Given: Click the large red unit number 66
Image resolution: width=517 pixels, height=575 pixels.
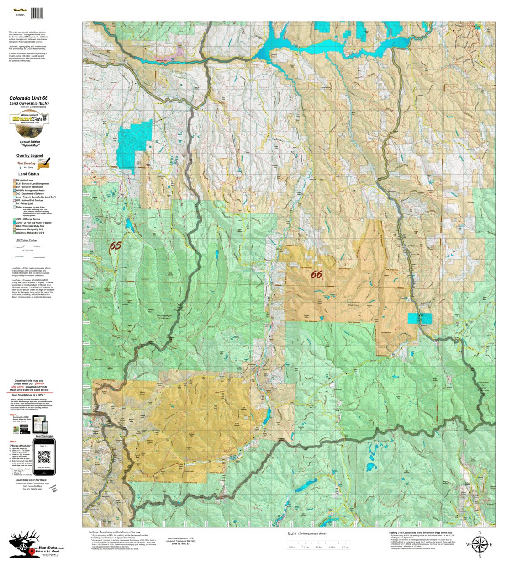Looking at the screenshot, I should (316, 274).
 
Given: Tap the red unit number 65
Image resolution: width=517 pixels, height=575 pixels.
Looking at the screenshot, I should (115, 245).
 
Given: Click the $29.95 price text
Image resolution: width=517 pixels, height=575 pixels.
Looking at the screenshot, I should (20, 15).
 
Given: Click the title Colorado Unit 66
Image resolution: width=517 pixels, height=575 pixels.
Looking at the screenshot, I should (28, 98).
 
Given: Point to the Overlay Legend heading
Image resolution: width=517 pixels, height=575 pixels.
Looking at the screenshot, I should (30, 155).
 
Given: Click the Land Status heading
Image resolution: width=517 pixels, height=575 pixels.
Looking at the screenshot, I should (29, 174).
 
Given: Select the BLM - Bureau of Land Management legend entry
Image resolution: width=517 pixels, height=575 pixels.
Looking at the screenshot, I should (32, 184).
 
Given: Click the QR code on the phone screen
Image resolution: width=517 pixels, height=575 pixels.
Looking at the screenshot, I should (44, 457).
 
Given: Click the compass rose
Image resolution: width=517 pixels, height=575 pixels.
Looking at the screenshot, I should (479, 544).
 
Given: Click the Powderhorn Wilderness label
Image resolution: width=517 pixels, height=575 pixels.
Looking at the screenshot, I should (353, 303).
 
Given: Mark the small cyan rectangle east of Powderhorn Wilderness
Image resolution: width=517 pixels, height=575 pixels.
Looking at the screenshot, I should (419, 318).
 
